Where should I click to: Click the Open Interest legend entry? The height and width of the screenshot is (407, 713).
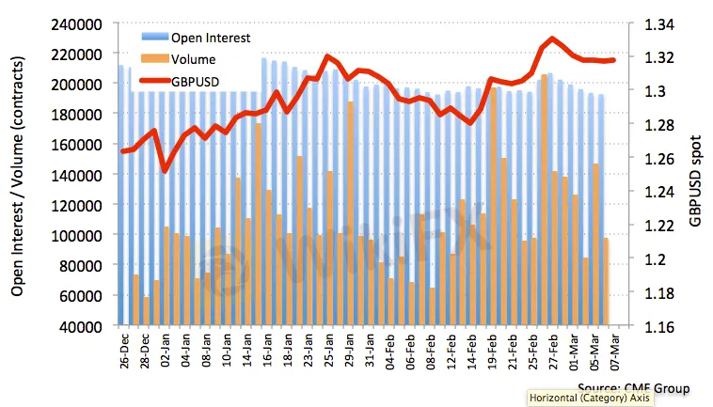tap(209, 39)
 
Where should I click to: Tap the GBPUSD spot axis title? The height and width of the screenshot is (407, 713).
tap(695, 175)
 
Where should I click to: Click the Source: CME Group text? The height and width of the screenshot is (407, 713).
tap(633, 387)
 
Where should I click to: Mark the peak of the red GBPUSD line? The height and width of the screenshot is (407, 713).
tap(553, 39)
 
